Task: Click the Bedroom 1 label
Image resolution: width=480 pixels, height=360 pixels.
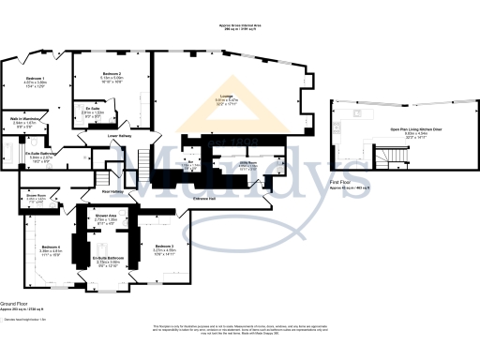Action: tap(35, 77)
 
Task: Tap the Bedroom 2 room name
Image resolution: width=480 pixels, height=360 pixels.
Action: tap(111, 73)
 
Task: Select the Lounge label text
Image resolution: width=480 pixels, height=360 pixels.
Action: tap(226, 96)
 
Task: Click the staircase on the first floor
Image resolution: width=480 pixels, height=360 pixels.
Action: tap(386, 155)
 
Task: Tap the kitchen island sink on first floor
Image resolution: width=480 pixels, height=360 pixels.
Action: tap(357, 112)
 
